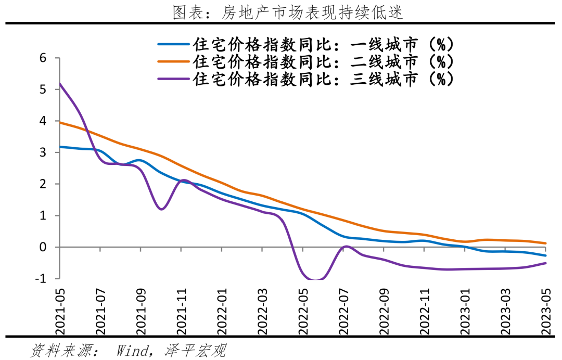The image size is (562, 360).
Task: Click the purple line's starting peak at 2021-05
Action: [60, 84]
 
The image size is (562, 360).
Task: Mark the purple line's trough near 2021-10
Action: [161, 209]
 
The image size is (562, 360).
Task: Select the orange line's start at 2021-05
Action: [60, 122]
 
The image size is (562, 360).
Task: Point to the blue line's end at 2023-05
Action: [546, 255]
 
